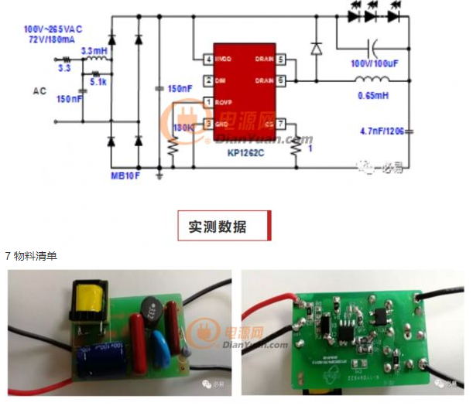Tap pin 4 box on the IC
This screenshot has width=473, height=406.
tap(208, 59)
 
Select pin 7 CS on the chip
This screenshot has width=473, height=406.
tap(281, 123)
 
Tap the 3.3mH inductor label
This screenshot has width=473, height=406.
tap(93, 50)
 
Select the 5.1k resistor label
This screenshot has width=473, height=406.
tap(98, 80)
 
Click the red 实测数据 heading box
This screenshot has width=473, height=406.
tap(224, 227)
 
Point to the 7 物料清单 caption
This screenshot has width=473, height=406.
tap(31, 255)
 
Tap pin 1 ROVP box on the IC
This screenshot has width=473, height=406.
tap(208, 102)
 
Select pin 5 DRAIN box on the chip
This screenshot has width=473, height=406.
tap(281, 59)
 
